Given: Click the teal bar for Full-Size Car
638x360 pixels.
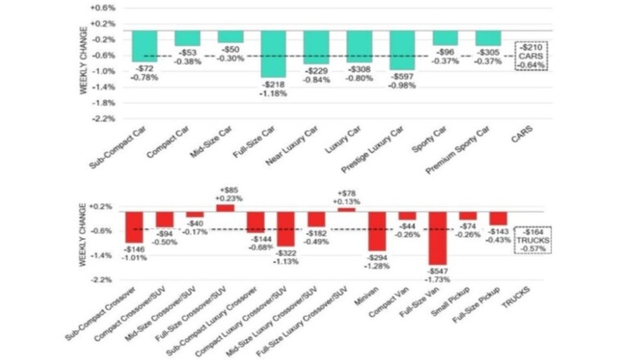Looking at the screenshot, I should (273, 54).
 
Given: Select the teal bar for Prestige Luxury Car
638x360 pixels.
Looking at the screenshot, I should (402, 50).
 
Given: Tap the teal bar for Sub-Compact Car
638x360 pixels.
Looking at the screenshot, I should (145, 46).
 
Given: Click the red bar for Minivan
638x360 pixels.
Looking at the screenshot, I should (376, 230).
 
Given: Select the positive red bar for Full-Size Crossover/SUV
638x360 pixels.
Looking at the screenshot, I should (225, 207).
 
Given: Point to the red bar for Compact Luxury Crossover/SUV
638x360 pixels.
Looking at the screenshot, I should (285, 228).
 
